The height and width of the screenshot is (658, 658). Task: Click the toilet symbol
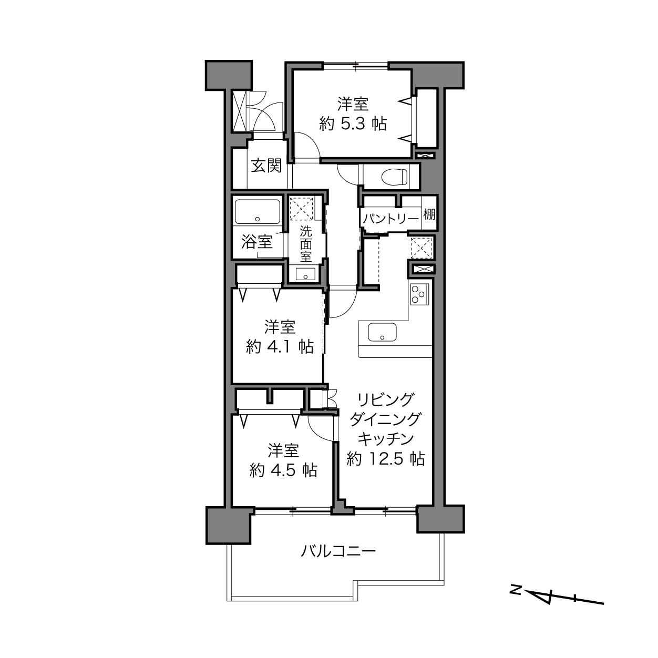394,177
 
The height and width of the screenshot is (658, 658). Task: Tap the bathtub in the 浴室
258,212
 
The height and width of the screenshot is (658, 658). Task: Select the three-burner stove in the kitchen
419,294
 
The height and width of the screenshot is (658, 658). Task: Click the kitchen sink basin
382,332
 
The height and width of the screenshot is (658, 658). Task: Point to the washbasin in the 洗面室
305,274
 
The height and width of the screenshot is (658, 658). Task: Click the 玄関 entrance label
266,166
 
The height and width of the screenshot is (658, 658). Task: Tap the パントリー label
390,219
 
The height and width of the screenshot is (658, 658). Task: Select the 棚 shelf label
429,214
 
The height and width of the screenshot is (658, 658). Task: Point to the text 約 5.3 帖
353,124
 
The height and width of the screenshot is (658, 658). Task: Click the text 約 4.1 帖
279,347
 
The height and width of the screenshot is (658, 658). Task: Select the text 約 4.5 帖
283,470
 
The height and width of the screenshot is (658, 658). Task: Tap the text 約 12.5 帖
386,459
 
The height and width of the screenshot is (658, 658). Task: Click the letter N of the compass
515,590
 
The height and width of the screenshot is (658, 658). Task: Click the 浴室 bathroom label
257,242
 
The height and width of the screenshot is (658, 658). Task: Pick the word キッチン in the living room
386,439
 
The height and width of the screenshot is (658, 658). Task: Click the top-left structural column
229,76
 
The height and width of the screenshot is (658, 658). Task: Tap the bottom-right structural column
440,519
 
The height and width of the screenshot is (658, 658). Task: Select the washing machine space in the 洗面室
301,208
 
